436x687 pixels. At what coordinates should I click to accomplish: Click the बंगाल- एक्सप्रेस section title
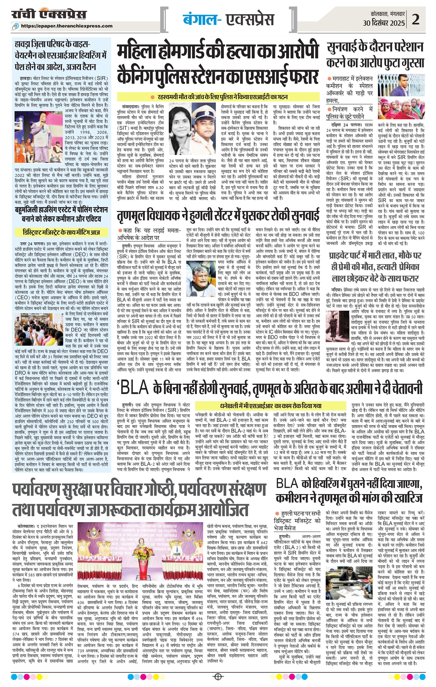(228, 19)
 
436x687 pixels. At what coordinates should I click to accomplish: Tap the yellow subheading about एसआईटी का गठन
(218, 97)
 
